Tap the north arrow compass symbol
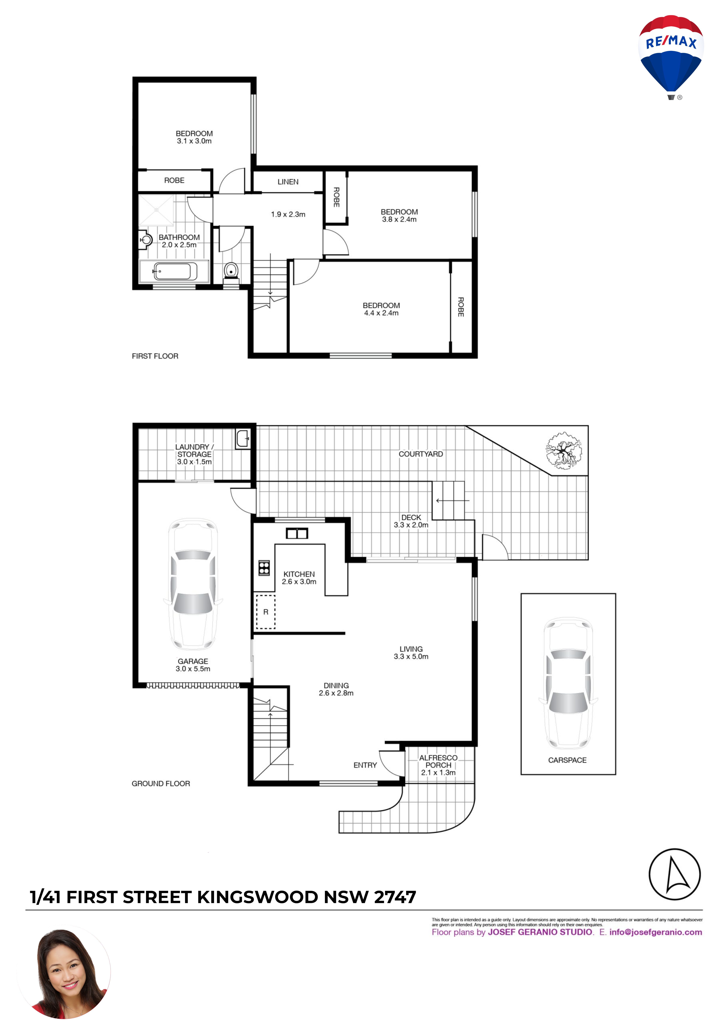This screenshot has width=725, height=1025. point(675,874)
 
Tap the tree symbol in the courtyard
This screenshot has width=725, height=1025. point(564,450)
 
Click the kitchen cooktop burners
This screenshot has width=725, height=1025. point(264,567)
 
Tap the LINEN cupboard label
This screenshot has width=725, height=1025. point(288,182)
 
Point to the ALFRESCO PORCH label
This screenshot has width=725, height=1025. point(438,761)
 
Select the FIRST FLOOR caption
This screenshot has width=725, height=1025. point(155,356)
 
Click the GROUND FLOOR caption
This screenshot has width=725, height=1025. point(161,784)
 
